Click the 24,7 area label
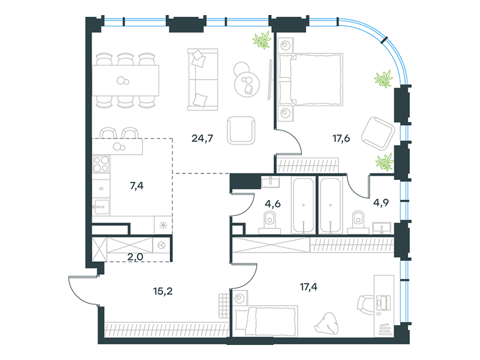point(202,139)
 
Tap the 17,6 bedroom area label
point(341,139)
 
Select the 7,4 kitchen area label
point(137,185)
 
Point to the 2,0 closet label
point(135,257)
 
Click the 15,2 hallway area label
point(163,291)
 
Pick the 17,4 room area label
point(308,287)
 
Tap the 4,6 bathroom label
point(273,203)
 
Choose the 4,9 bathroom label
point(381,202)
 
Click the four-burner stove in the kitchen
point(101,164)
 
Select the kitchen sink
point(101,207)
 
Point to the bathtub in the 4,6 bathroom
point(304,205)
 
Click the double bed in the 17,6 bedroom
point(311,80)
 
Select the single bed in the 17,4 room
point(266,321)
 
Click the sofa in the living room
point(203,79)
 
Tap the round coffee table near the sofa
point(247,84)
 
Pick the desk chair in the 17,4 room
point(366,305)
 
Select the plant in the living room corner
point(262,40)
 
